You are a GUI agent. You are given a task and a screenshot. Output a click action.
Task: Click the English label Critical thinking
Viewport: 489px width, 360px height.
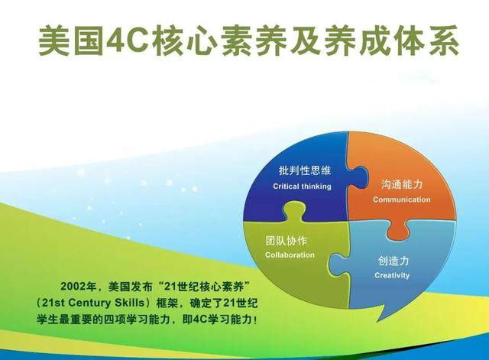point(302,186)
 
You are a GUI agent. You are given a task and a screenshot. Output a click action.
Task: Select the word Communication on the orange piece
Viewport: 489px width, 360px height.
point(401,199)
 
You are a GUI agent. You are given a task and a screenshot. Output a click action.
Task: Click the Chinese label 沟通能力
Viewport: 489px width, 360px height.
point(401,185)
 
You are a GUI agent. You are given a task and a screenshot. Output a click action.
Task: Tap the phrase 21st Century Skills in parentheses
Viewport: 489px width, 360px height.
point(87,303)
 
